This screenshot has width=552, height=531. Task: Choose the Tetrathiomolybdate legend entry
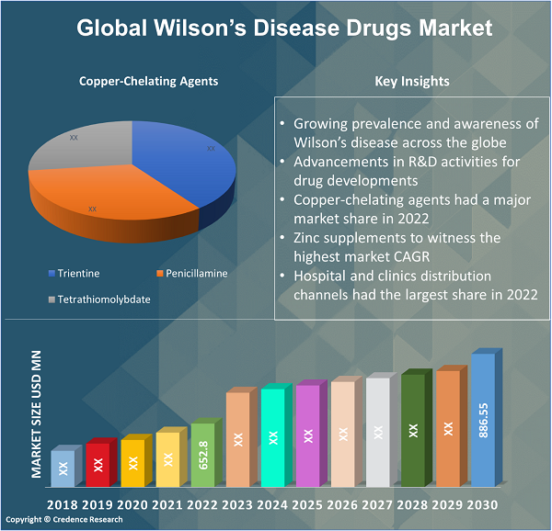point(103,299)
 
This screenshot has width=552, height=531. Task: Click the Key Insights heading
point(412,81)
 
